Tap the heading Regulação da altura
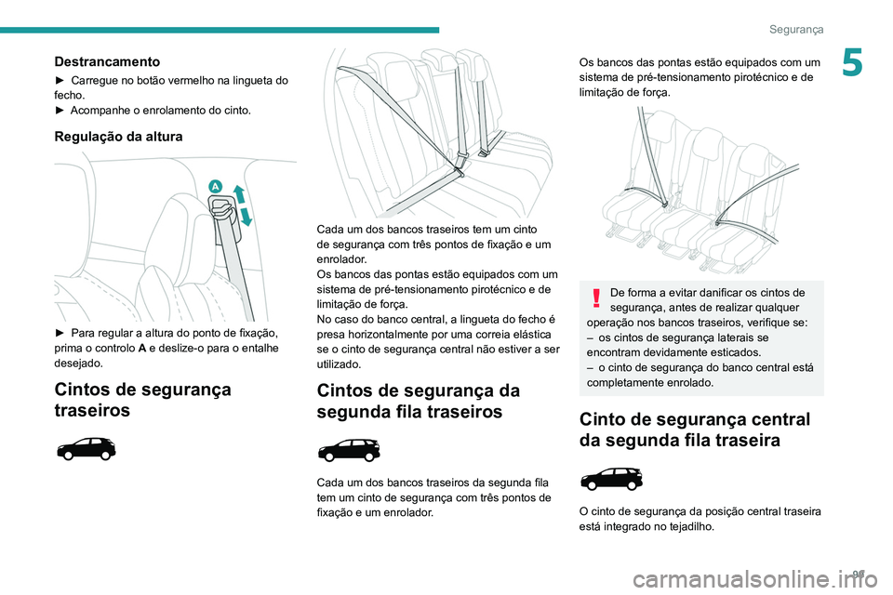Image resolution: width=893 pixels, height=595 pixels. (x=118, y=136)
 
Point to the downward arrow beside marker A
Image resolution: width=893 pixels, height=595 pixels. (x=247, y=218)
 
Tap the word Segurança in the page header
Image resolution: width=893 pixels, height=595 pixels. (x=796, y=30)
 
